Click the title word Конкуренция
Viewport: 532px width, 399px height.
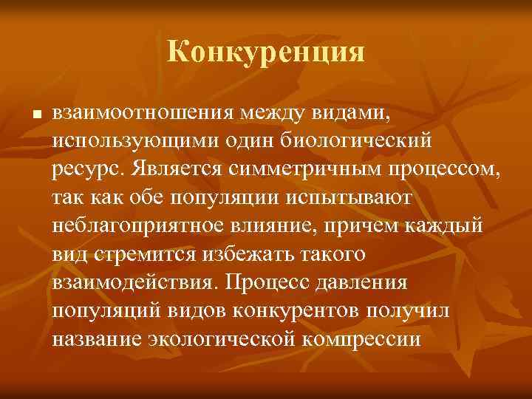(x=266, y=52)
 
